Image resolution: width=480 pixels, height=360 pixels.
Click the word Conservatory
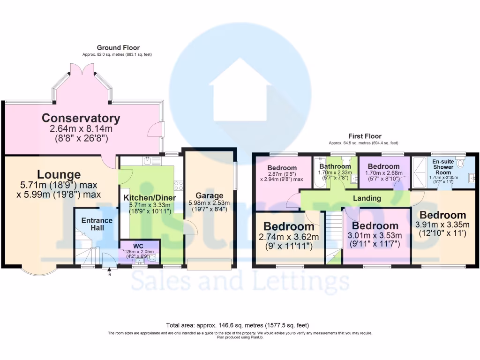pyautogui.click(x=81, y=118)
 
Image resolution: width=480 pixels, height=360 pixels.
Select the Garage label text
pyautogui.click(x=210, y=195)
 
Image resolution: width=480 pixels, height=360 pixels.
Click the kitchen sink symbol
pyautogui.click(x=151, y=161)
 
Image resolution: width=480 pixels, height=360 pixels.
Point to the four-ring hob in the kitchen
pyautogui.click(x=179, y=186)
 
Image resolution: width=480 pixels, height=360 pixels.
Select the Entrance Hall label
pyautogui.click(x=97, y=224)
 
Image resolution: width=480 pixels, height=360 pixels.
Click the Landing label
pyautogui.click(x=367, y=198)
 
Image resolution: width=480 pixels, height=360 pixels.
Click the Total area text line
pyautogui.click(x=238, y=325)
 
